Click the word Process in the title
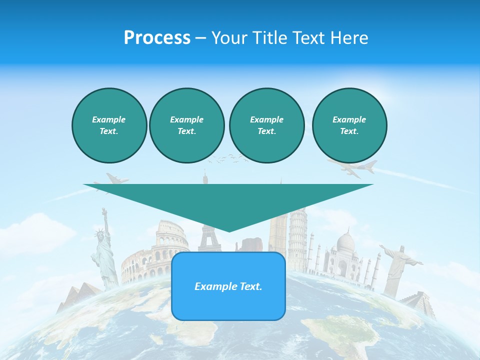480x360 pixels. [157, 38]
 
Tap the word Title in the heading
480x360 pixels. [270, 38]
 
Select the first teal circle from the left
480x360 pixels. [109, 125]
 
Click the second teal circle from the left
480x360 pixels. [186, 125]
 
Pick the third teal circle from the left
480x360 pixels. [266, 125]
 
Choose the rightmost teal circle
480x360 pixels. [349, 125]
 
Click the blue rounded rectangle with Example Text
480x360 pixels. [228, 286]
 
